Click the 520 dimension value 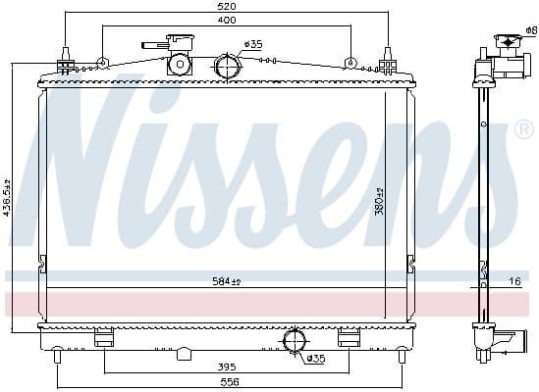227,7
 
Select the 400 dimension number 227,20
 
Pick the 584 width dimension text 227,281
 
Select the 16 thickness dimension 514,281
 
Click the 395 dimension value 227,367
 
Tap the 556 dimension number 227,382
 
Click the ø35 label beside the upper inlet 253,44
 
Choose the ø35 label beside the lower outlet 315,358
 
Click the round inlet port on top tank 227,67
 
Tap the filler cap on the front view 178,61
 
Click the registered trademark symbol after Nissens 523,129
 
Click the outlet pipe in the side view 508,342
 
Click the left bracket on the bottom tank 104,339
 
